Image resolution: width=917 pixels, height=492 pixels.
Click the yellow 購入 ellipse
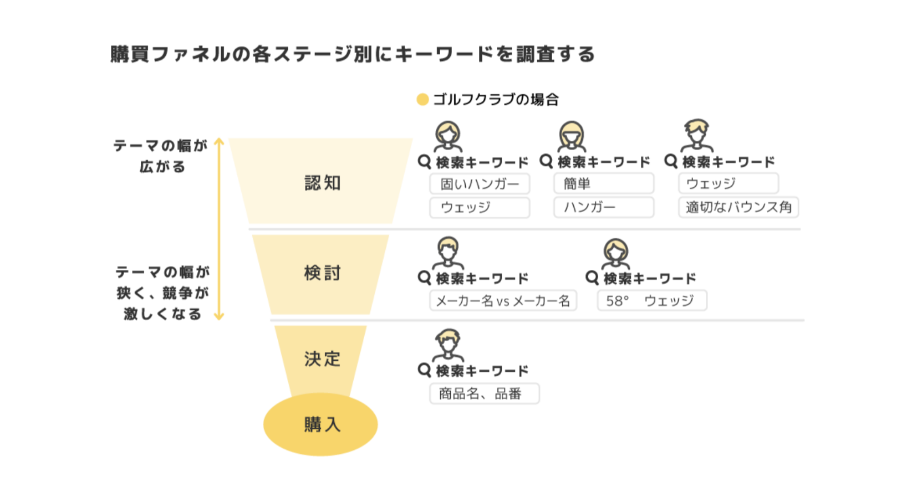(x=320, y=424)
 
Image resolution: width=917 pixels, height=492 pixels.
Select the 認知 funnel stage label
(x=322, y=183)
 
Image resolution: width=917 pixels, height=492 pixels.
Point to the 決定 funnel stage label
(x=322, y=359)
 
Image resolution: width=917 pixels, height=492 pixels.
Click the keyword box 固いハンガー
(x=480, y=184)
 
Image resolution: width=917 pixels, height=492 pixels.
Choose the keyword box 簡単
(x=604, y=184)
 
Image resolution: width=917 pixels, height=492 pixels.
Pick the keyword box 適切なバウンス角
(x=738, y=207)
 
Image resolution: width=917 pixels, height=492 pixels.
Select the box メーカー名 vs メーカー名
(x=503, y=301)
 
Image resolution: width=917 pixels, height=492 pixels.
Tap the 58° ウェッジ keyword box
(x=651, y=301)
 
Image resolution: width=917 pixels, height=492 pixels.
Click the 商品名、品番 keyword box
(x=484, y=394)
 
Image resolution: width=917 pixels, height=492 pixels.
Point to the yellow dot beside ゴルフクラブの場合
(x=422, y=100)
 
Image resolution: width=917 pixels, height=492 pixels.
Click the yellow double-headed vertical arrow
(x=219, y=229)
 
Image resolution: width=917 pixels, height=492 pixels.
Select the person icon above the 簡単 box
(x=572, y=136)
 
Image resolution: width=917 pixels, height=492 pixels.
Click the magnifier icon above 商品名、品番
(x=424, y=370)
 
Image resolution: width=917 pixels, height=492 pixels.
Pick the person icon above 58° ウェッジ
(x=615, y=254)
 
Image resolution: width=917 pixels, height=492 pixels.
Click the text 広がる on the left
(x=162, y=167)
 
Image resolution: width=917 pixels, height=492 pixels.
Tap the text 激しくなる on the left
(x=162, y=314)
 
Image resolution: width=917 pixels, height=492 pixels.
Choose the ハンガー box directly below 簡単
(x=604, y=207)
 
